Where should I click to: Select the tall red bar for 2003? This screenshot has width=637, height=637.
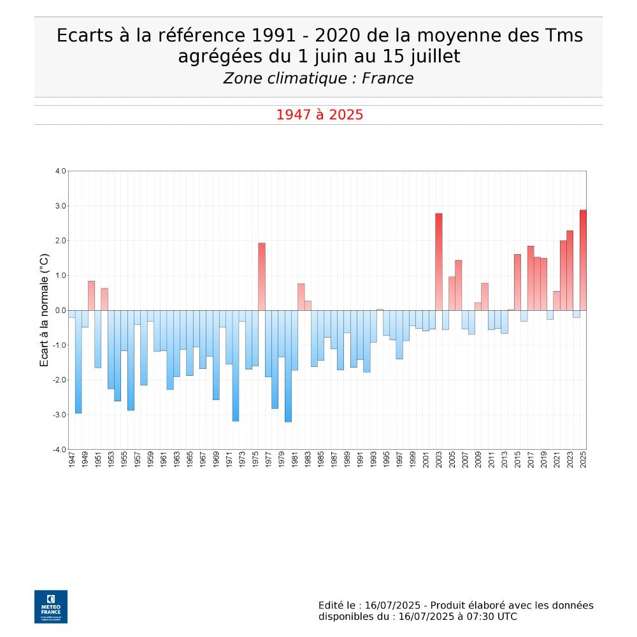[438, 262]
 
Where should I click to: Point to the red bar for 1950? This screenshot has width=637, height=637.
[91, 296]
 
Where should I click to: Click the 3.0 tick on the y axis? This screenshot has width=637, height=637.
[61, 206]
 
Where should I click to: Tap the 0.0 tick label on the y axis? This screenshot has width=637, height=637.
[61, 310]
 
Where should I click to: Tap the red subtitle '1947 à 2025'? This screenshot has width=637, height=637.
[319, 115]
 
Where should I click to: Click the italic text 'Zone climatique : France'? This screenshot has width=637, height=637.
[318, 78]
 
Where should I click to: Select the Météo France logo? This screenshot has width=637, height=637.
[50, 606]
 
